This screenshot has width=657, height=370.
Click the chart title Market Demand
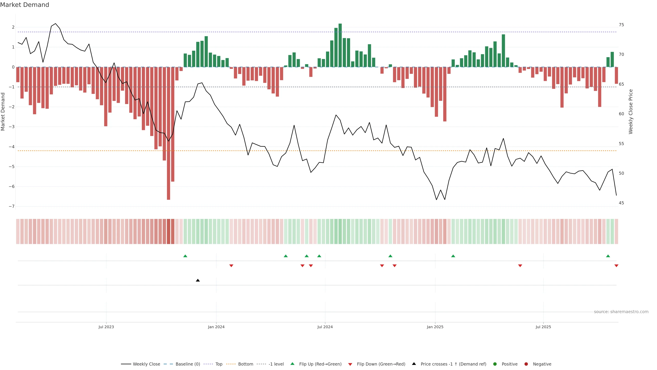[24, 5]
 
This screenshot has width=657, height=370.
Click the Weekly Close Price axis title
[631, 112]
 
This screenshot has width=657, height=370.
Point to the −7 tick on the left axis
[11, 206]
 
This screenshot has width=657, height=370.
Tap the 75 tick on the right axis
[621, 25]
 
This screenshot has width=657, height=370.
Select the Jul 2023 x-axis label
[106, 327]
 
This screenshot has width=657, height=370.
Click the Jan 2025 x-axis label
[435, 327]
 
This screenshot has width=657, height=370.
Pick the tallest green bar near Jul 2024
[340, 45]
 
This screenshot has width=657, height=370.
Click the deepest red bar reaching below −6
[168, 133]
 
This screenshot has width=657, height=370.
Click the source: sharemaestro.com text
[621, 312]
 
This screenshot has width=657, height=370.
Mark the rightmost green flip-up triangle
[608, 256]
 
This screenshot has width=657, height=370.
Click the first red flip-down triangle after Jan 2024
[231, 266]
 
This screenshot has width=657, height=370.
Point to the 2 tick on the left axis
[13, 27]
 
